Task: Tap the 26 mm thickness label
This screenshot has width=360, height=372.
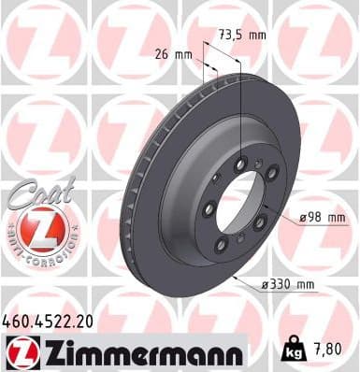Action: tap(176, 54)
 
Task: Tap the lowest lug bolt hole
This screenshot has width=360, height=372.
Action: tap(223, 245)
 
